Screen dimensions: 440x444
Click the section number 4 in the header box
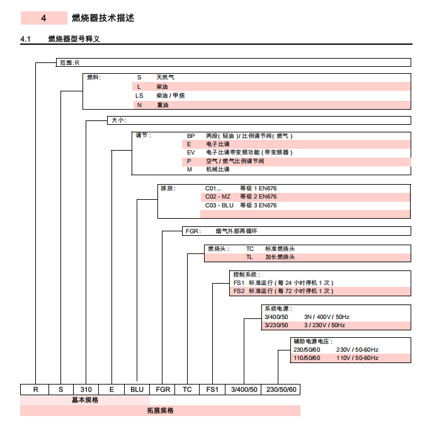click(x=43, y=18)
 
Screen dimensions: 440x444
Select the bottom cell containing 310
click(x=86, y=390)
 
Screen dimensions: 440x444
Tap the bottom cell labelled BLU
click(x=137, y=390)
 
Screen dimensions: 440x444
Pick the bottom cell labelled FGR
click(x=162, y=390)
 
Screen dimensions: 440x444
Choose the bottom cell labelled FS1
click(x=212, y=390)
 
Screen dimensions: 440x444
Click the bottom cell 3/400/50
click(x=243, y=390)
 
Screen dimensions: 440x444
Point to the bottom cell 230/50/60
click(x=280, y=390)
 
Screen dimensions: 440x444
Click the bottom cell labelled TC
click(x=187, y=390)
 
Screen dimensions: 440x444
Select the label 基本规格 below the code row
click(x=84, y=400)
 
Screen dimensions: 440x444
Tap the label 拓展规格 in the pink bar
click(x=160, y=411)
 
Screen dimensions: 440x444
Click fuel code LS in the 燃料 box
click(x=139, y=96)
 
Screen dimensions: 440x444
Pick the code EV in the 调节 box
click(x=191, y=153)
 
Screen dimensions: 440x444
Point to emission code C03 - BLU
click(x=219, y=206)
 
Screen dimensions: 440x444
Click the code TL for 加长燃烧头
click(x=249, y=257)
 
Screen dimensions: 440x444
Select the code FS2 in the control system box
click(x=239, y=291)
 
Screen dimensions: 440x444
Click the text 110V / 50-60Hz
click(x=357, y=358)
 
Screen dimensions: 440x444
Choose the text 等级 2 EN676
click(x=258, y=197)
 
